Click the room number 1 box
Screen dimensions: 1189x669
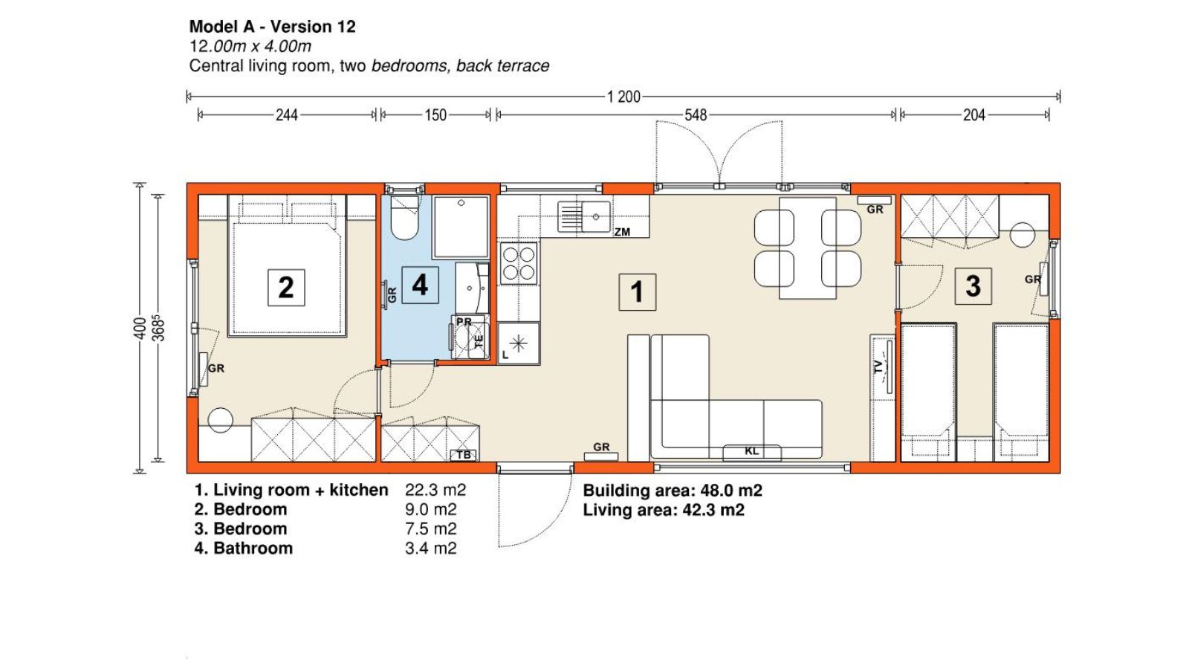coord(637,292)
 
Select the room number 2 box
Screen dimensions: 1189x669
coord(286,288)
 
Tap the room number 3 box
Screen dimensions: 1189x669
coord(973,286)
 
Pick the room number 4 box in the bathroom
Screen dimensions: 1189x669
coord(420,285)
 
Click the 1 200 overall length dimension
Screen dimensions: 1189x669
coord(623,97)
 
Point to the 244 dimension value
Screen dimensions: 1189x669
coord(287,115)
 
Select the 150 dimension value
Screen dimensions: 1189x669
coord(435,115)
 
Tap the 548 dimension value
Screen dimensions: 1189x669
coord(696,115)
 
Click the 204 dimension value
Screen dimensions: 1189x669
coord(974,115)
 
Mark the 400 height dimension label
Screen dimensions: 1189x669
coord(140,328)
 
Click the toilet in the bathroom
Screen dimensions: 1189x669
coord(404,218)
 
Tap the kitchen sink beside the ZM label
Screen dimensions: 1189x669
coord(584,216)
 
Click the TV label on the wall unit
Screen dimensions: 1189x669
coord(878,366)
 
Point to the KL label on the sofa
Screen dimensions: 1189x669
coord(751,451)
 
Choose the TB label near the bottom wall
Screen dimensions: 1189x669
coord(464,455)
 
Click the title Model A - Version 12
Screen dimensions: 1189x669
coord(272,27)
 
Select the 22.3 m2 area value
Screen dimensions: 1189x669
coord(435,490)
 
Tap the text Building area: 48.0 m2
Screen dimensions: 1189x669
coord(673,491)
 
